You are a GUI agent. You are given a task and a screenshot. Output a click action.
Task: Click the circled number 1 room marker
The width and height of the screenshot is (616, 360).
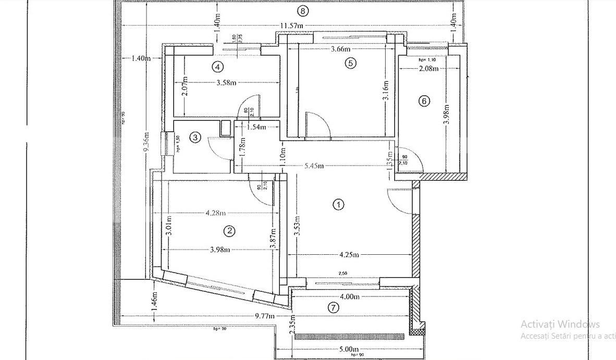(339, 205)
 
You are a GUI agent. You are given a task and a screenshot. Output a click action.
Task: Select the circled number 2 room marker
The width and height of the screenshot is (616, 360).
(228, 231)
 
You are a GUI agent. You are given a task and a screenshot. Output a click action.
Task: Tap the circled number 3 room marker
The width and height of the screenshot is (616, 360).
(195, 138)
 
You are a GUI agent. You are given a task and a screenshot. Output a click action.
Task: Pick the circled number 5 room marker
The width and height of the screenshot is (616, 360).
(350, 63)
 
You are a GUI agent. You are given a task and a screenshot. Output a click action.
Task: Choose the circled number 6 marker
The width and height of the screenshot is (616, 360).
(424, 101)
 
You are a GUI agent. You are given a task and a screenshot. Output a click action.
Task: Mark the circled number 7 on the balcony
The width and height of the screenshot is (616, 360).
(334, 307)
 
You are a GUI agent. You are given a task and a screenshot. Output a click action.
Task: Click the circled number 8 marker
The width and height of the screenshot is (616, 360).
(303, 10)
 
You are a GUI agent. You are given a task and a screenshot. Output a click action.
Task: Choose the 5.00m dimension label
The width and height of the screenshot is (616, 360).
(349, 349)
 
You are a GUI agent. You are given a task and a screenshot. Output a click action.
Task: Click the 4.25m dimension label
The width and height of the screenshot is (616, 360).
(349, 255)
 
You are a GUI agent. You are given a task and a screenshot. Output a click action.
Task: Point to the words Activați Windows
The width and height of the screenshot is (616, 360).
(560, 324)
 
